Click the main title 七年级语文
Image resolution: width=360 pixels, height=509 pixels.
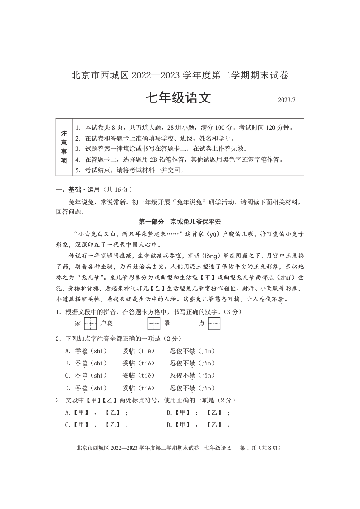click(x=178, y=98)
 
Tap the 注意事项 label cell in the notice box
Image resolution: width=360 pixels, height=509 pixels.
click(x=64, y=147)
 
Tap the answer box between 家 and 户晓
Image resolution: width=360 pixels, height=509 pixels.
click(x=91, y=324)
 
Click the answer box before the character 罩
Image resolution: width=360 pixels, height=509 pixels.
click(x=154, y=324)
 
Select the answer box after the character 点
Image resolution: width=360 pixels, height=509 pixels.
click(x=214, y=324)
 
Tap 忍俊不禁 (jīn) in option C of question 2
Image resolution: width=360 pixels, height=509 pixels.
click(x=193, y=376)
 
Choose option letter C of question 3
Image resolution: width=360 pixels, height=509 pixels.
click(x=68, y=425)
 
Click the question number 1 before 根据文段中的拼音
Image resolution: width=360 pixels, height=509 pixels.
click(x=58, y=312)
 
